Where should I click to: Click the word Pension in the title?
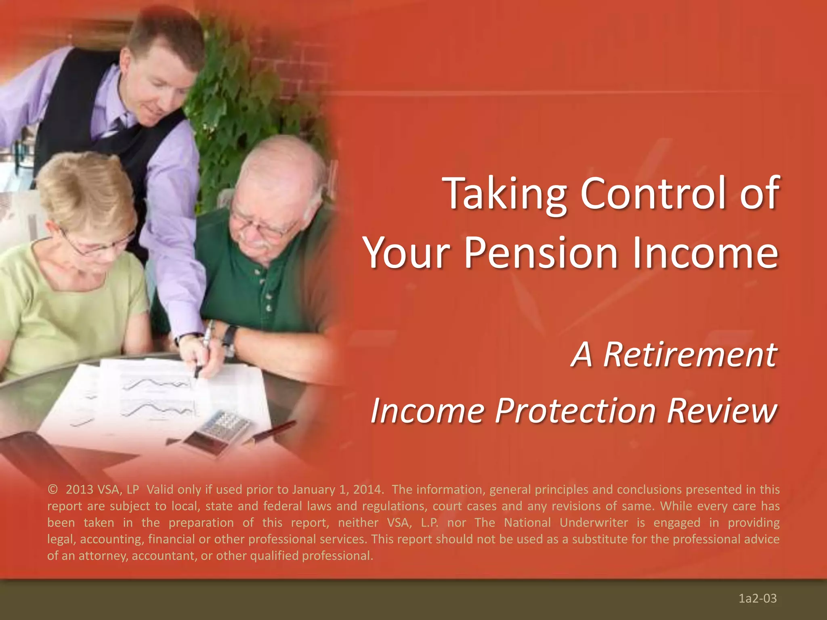[541, 253]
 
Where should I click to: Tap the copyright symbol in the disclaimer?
[52, 490]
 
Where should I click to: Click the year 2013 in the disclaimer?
[79, 490]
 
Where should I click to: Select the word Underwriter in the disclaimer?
[594, 523]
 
